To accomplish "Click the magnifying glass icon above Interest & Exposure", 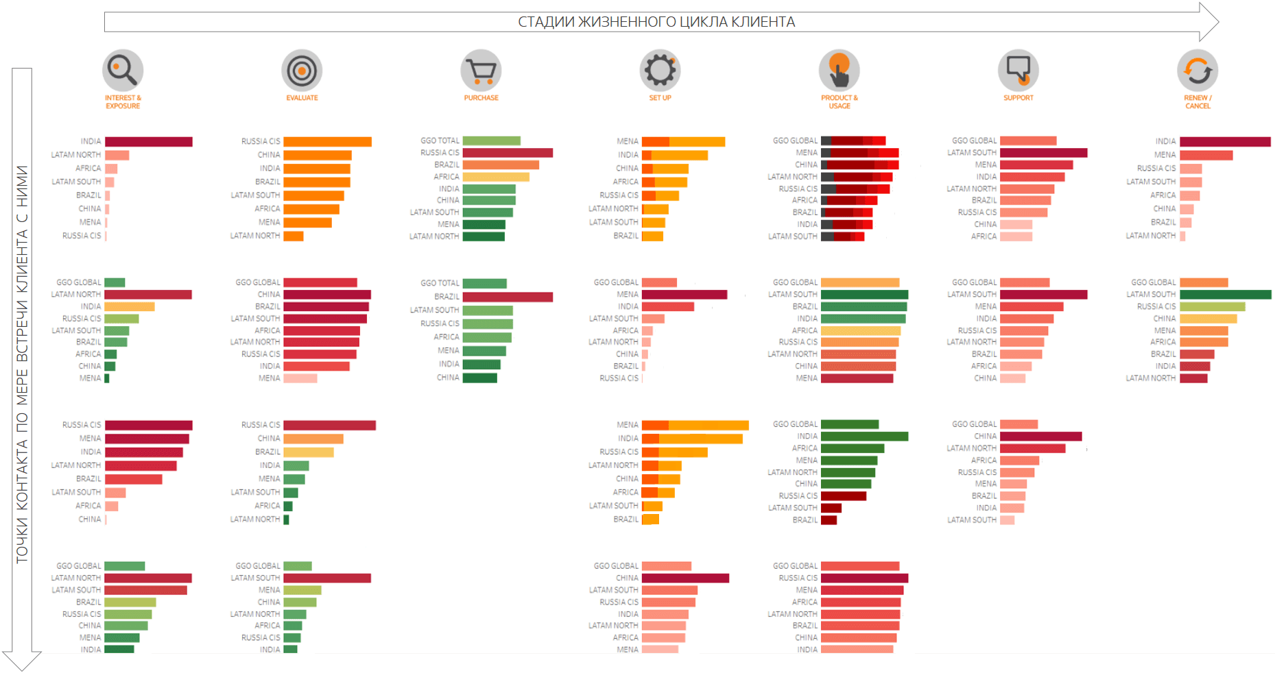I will [x=122, y=70].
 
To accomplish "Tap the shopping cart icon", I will [x=481, y=70].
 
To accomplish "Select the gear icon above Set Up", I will [x=660, y=70].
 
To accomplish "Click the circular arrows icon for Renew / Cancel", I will [x=1197, y=70].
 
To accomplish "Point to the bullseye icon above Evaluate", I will [x=302, y=70].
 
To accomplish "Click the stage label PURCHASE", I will [x=481, y=98].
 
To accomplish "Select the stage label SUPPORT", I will [x=1018, y=98].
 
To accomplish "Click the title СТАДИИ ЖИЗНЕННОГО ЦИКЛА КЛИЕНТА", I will [x=656, y=22].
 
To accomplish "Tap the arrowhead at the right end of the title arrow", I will [x=1209, y=22].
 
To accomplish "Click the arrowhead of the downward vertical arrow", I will [x=22, y=661].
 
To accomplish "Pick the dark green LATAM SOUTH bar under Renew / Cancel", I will [x=1225, y=295].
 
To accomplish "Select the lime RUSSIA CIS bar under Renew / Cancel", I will [x=1212, y=306].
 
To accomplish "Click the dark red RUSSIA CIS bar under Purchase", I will [x=508, y=153].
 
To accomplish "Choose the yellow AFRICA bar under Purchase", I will [x=496, y=177].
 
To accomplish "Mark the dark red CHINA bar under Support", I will [x=1040, y=437].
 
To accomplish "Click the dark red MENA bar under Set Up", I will [x=684, y=295].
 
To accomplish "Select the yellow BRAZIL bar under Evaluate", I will [x=309, y=452].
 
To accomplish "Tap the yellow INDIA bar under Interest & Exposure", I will [x=130, y=306].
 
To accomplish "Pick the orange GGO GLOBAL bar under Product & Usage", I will [x=860, y=282].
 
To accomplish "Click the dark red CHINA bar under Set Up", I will [x=685, y=578].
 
